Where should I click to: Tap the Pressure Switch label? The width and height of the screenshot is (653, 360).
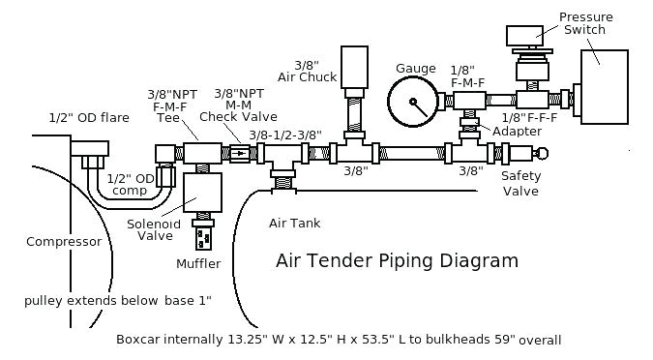(583, 22)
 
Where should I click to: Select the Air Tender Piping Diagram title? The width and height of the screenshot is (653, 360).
(397, 260)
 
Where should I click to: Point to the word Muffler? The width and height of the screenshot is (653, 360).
(198, 264)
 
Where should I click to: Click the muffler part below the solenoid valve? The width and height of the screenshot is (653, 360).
(202, 234)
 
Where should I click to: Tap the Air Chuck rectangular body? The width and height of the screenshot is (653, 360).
(356, 67)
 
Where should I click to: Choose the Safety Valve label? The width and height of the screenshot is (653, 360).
(520, 183)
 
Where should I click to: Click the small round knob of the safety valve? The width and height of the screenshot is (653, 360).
(542, 152)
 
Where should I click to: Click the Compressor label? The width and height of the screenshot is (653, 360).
(64, 242)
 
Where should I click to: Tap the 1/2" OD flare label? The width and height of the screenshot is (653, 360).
(89, 118)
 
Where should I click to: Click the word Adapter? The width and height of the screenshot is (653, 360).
(518, 132)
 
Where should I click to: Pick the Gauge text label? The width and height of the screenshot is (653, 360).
(415, 68)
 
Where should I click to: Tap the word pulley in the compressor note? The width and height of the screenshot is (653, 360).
(44, 301)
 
